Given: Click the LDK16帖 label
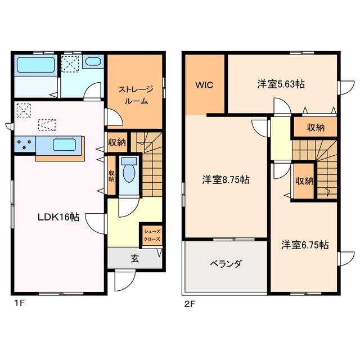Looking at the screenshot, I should (x=58, y=217).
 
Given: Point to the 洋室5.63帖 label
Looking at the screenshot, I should (x=281, y=84).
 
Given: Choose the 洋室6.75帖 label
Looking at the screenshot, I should (x=305, y=245).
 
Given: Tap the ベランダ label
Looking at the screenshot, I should (x=226, y=263).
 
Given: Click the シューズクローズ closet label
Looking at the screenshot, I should (x=151, y=235).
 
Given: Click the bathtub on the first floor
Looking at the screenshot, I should (x=35, y=65).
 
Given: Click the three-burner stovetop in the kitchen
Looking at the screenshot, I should (x=25, y=145).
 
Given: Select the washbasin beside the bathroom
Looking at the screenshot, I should (x=93, y=62).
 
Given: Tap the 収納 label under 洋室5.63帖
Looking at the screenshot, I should (x=315, y=128).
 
